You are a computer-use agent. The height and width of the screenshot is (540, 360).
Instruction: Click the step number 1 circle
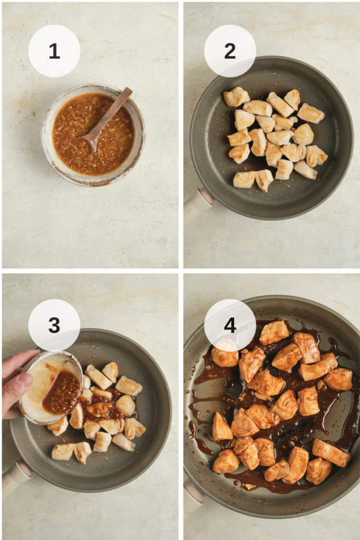[x=54, y=51]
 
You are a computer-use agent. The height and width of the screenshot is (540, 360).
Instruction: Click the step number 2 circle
[x=230, y=51]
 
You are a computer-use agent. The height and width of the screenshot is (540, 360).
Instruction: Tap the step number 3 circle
[x=54, y=325]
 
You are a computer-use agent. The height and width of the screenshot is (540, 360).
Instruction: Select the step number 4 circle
[x=230, y=325]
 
